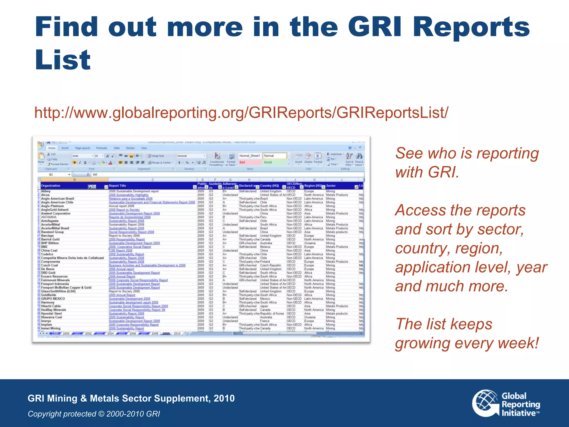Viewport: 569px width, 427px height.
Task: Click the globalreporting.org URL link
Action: click(241, 113)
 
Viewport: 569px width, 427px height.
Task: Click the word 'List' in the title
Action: click(63, 60)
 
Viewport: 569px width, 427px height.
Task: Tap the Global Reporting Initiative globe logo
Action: click(486, 403)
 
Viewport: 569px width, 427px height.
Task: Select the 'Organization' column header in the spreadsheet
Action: click(51, 186)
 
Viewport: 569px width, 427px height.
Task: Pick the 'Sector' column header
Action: click(331, 186)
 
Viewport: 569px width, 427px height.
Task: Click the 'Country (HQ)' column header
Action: click(269, 186)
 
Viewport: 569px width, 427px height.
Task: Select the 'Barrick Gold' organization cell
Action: click(50, 239)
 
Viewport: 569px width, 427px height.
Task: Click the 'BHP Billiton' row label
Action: click(50, 243)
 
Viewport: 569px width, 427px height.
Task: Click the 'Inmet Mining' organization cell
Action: click(51, 328)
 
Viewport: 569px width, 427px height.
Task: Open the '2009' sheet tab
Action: click(166, 333)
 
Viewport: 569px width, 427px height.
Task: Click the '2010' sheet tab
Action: click(177, 333)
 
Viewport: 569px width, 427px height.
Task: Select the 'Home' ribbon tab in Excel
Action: click(52, 148)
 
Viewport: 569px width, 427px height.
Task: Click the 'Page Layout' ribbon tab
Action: click(82, 148)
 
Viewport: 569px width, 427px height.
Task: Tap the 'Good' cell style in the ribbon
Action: click(268, 162)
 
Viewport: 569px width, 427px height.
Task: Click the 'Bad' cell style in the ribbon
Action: click(242, 162)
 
